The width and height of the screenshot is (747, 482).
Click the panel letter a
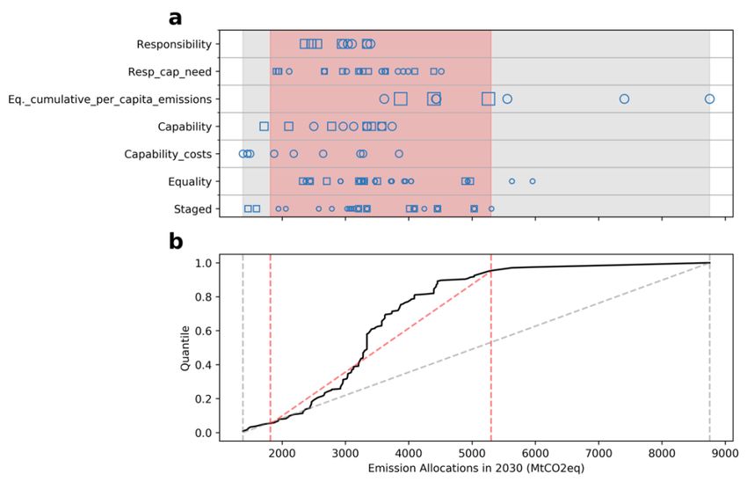tap(176, 17)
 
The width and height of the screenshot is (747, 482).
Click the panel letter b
tap(176, 240)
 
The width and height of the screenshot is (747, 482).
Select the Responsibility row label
tap(174, 44)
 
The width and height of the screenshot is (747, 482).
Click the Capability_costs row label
tap(168, 154)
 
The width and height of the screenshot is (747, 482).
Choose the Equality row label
tap(189, 181)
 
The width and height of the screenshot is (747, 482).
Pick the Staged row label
tap(193, 209)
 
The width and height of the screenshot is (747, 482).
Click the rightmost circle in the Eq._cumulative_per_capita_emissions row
tap(709, 99)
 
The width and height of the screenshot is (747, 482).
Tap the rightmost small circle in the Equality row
tap(532, 181)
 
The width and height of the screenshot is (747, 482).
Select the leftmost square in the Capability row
tap(264, 127)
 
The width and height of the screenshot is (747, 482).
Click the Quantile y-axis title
tap(185, 347)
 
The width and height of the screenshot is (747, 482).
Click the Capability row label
tap(185, 127)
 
